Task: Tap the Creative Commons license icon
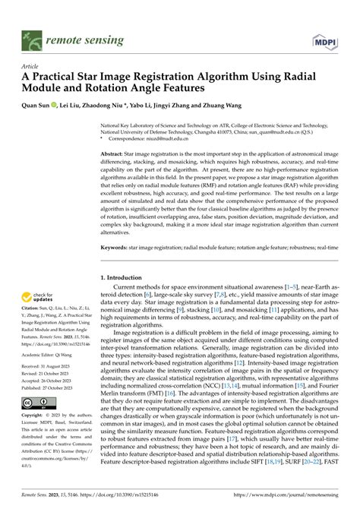(x=33, y=401)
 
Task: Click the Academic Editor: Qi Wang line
(x=51, y=353)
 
